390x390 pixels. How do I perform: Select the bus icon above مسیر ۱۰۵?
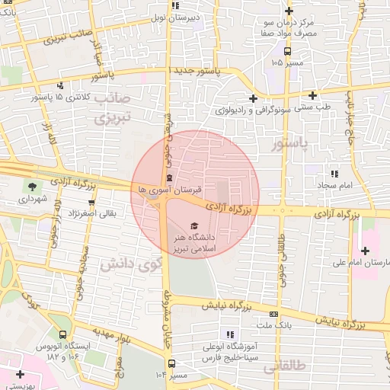point(287,52)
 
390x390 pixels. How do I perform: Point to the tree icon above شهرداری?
point(31,186)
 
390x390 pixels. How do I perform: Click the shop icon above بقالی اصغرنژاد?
point(91,203)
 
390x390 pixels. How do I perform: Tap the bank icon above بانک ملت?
point(273,314)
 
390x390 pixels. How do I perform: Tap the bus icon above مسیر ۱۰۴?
point(171,364)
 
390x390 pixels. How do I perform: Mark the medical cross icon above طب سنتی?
point(312,95)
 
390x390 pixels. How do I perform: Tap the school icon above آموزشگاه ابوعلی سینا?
point(229,334)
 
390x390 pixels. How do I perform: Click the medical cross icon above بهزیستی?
point(19,374)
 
